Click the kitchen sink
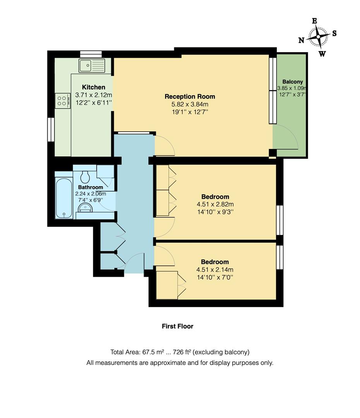92,65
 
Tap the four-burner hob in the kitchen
62,101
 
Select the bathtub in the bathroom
63,198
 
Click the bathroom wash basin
84,209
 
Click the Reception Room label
190,96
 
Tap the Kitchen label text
93,87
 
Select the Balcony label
292,82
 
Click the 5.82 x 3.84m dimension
190,104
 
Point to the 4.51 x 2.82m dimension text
215,204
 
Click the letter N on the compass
301,40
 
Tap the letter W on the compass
322,54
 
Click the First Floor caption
177,326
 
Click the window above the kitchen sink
91,54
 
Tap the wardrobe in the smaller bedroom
167,285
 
